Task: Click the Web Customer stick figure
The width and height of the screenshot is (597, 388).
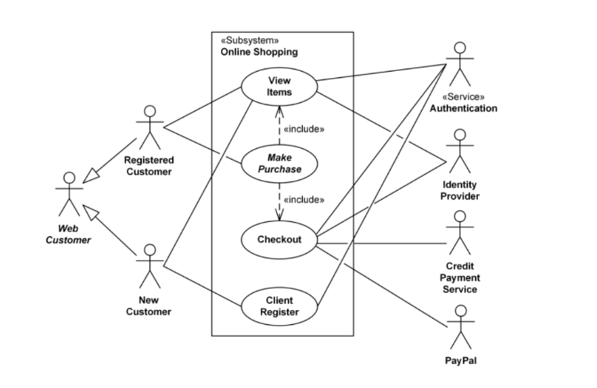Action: tap(69, 194)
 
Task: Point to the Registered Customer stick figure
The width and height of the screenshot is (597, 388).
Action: tap(150, 127)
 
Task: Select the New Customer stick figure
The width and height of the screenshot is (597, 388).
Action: tap(150, 266)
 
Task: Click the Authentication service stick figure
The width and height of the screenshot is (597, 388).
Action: tap(460, 64)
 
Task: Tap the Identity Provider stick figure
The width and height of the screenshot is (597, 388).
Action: tap(460, 151)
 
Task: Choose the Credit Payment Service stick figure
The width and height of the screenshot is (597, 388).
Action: tap(460, 232)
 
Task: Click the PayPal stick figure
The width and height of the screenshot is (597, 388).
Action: tap(461, 327)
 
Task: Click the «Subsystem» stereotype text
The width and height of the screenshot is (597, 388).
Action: tap(250, 41)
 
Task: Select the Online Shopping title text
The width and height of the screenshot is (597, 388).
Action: tap(259, 52)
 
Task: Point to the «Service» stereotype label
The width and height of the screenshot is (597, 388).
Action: tap(463, 97)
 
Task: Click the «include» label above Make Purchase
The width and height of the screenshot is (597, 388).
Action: tap(304, 129)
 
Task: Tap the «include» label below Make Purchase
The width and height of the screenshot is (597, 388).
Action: tap(304, 199)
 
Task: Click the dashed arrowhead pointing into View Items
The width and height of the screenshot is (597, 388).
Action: tap(279, 111)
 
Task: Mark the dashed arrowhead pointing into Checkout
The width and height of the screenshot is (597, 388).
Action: tap(279, 216)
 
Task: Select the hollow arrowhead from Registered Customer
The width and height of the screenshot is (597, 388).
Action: tap(90, 176)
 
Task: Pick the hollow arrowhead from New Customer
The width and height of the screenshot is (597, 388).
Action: tap(90, 212)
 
